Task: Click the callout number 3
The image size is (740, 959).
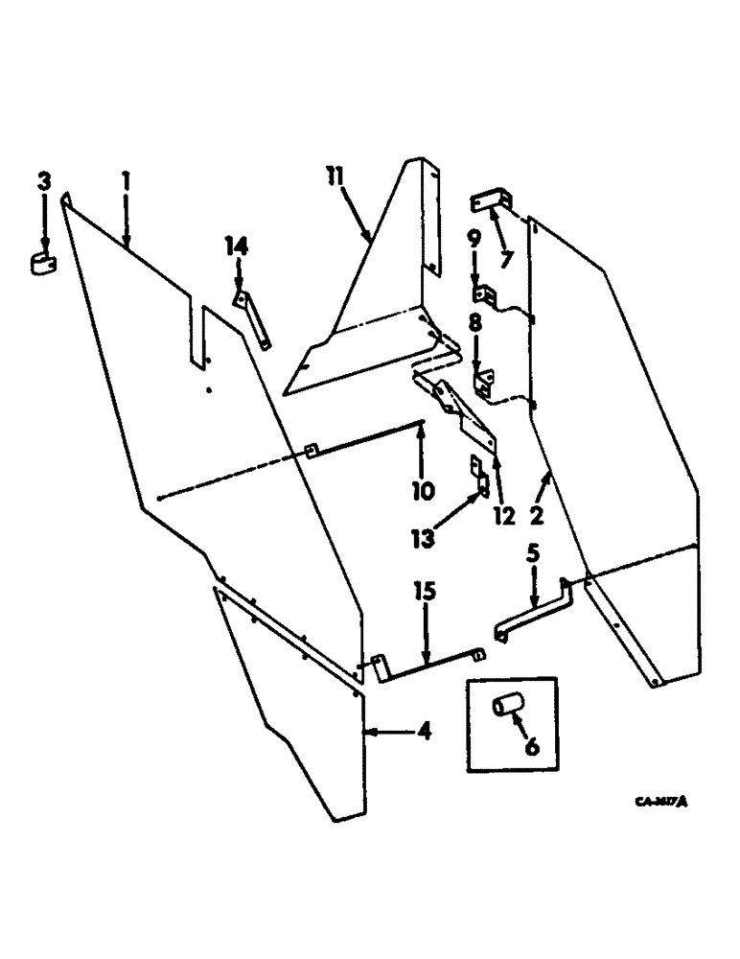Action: point(43,180)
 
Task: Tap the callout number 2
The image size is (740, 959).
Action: point(537,516)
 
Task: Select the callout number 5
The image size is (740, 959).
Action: point(534,553)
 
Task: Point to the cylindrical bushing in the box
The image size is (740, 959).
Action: point(506,708)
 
